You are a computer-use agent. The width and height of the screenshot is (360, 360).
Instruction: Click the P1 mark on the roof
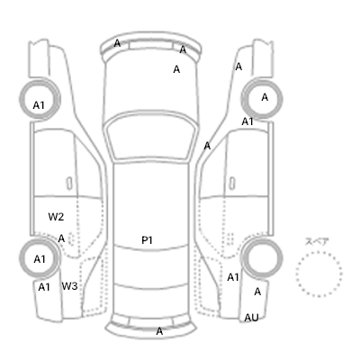tap(147, 240)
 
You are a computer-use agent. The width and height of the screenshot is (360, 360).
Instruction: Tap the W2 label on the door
tap(56, 217)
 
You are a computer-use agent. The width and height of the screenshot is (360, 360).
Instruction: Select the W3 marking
tap(69, 286)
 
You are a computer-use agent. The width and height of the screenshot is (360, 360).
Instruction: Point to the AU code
tap(251, 318)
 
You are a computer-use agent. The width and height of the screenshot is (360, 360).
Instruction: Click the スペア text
tap(317, 241)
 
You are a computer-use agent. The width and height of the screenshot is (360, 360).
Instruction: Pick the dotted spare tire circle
tap(319, 274)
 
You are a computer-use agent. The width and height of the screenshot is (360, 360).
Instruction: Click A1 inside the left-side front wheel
tap(39, 105)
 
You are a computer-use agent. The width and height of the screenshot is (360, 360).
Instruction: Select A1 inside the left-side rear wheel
tap(40, 259)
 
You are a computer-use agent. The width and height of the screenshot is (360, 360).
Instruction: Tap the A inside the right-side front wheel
tap(265, 97)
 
